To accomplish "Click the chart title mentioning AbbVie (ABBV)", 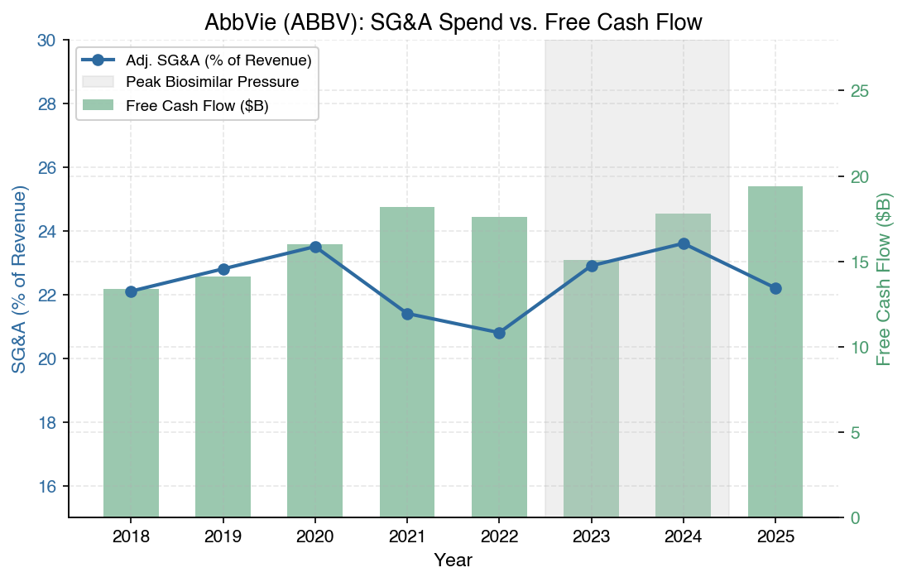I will [453, 22].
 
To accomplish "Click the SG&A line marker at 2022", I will [499, 333].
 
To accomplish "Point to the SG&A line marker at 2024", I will [684, 243].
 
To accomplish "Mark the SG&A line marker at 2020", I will [315, 247].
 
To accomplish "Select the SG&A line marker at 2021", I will [407, 314].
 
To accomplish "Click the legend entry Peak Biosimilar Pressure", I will [212, 83].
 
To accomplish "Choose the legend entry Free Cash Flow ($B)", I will [197, 105].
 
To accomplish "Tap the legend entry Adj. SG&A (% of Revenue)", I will [218, 60].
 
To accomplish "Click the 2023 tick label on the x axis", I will [591, 537].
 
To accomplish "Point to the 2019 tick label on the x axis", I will [223, 537].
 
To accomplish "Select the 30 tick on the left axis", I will [49, 41].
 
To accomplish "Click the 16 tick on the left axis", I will [49, 486].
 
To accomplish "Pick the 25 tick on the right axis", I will [859, 90].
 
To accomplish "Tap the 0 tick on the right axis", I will [855, 517].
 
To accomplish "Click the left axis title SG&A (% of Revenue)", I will [20, 279].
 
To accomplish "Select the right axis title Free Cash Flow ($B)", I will [885, 279].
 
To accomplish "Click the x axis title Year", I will [453, 560].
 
